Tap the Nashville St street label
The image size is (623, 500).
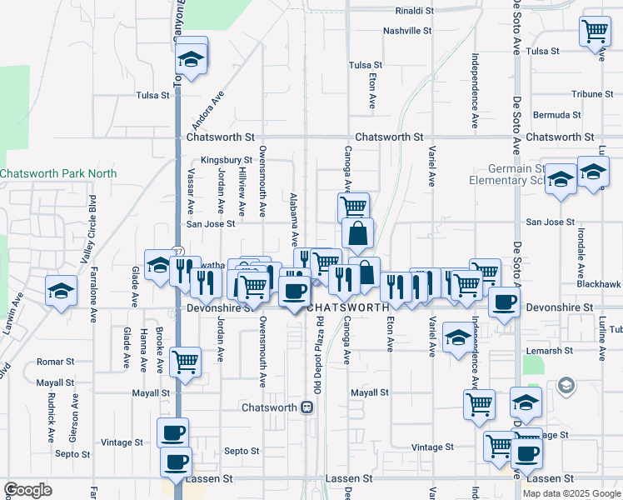click(407, 31)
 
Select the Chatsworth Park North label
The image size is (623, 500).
click(58, 174)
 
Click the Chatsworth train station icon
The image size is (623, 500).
click(307, 407)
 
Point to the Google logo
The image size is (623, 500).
click(27, 490)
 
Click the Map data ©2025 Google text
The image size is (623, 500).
click(571, 493)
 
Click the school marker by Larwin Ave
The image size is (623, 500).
click(62, 291)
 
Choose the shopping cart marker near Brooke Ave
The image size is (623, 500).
click(186, 362)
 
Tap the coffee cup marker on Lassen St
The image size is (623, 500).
click(176, 462)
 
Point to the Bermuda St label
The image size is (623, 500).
click(557, 114)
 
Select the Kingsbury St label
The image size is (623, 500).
click(226, 160)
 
